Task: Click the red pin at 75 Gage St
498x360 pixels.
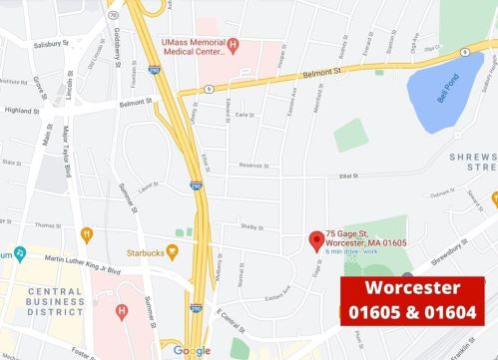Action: pos(316,239)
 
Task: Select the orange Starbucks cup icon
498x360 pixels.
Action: pos(172,252)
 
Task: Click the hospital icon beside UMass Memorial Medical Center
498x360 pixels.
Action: pos(233,44)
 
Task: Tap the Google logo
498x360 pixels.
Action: pos(192,350)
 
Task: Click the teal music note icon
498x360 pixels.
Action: pos(20,252)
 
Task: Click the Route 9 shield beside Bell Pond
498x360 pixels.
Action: pos(464,52)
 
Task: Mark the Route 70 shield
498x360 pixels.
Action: pos(113,15)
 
